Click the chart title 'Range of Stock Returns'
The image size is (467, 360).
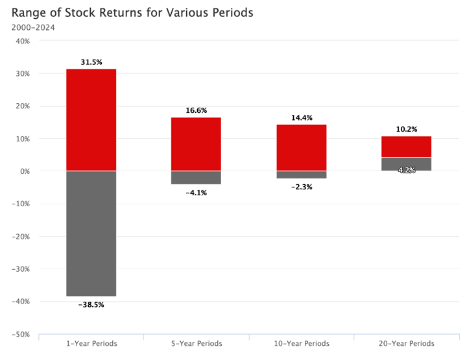click(x=132, y=12)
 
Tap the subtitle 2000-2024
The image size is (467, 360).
click(x=33, y=27)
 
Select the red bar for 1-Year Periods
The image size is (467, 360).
click(x=91, y=120)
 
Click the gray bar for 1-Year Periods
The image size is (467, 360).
click(x=91, y=234)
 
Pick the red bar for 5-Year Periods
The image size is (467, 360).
click(x=196, y=144)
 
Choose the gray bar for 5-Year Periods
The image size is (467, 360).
click(x=196, y=178)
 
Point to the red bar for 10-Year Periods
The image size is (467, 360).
click(x=302, y=148)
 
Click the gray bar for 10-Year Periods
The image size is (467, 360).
click(x=302, y=174)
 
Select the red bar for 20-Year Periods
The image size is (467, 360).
click(x=407, y=147)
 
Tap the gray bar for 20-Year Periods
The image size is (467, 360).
click(x=407, y=164)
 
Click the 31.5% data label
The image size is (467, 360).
click(x=91, y=62)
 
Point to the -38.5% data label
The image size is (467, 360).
click(x=91, y=304)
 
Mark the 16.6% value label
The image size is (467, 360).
click(x=196, y=111)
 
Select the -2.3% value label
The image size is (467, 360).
click(x=302, y=187)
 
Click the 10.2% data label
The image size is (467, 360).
click(x=407, y=129)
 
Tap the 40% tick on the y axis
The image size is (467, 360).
click(x=22, y=41)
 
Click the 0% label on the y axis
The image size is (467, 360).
click(x=25, y=171)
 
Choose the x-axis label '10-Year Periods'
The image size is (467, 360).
click(x=302, y=343)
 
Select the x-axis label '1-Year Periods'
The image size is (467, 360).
click(x=91, y=343)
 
